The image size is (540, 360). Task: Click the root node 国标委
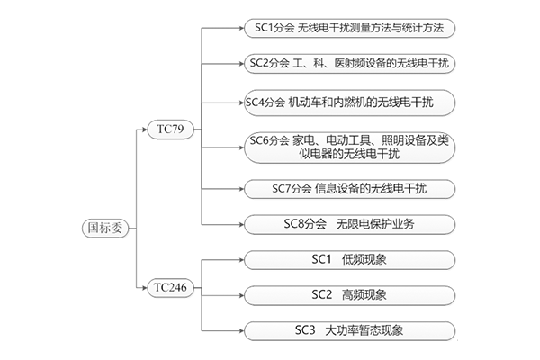tap(103, 227)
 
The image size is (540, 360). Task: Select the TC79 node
tap(170, 130)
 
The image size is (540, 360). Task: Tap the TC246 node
tap(170, 287)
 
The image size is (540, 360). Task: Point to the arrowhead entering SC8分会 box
tap(241, 223)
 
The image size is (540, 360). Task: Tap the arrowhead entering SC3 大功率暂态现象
tap(241, 329)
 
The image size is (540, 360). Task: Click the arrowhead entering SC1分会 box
tap(241, 28)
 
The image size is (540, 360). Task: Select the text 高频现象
tap(365, 294)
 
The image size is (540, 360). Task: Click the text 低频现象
tap(365, 260)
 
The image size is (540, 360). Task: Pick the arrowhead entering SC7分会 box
tap(241, 189)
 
